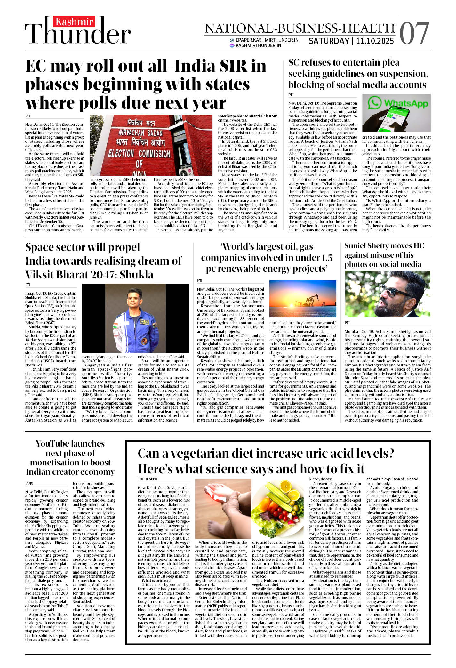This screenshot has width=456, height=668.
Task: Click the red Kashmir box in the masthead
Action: (x=74, y=22)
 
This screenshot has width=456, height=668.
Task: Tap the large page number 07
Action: (x=414, y=34)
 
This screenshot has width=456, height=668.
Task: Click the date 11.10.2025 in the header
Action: (x=375, y=41)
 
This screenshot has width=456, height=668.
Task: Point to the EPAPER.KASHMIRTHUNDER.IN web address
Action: (x=267, y=40)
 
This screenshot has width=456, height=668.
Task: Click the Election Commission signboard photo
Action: (x=151, y=145)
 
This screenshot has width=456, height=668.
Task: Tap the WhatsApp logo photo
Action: (x=396, y=112)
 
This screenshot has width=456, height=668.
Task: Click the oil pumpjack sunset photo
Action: (x=302, y=298)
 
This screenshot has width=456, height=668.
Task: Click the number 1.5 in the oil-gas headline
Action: (x=326, y=258)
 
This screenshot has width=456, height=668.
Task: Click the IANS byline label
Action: (x=29, y=483)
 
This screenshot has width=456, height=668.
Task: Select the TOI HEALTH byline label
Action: (x=147, y=479)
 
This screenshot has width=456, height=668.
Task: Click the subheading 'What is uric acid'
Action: (x=156, y=580)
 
